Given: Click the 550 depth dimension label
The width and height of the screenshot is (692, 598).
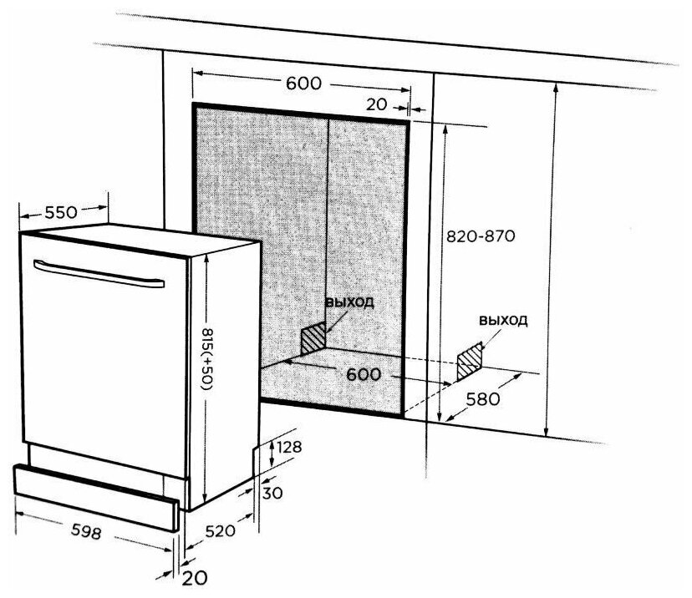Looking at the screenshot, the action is click(62, 211).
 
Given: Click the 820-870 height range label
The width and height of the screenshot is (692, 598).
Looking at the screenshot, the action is click(479, 236).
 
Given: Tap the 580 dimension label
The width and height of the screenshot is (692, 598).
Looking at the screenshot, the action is click(482, 399).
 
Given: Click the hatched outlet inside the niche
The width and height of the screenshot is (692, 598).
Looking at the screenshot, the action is click(313, 337).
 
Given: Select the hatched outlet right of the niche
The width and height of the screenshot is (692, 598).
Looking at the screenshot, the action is click(471, 357).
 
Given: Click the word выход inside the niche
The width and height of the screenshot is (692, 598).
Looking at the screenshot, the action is click(349, 302).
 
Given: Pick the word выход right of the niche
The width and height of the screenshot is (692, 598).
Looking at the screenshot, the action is click(503, 320).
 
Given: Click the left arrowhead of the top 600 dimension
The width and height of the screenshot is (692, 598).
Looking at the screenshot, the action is click(197, 73).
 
